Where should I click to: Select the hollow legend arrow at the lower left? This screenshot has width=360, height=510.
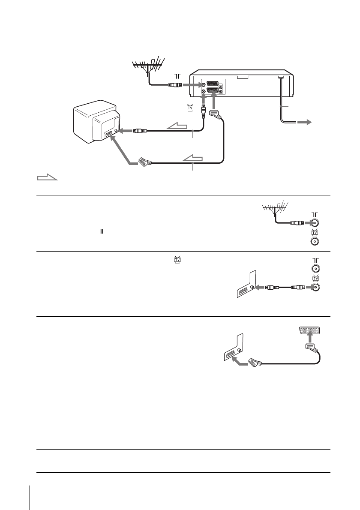(47, 177)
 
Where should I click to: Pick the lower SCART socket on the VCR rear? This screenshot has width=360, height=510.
(213, 91)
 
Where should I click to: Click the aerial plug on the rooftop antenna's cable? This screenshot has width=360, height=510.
(174, 85)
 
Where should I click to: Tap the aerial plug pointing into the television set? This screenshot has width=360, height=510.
(140, 131)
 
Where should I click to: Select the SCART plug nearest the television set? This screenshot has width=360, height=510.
(143, 162)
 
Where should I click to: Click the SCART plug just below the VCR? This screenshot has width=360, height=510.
(215, 114)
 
